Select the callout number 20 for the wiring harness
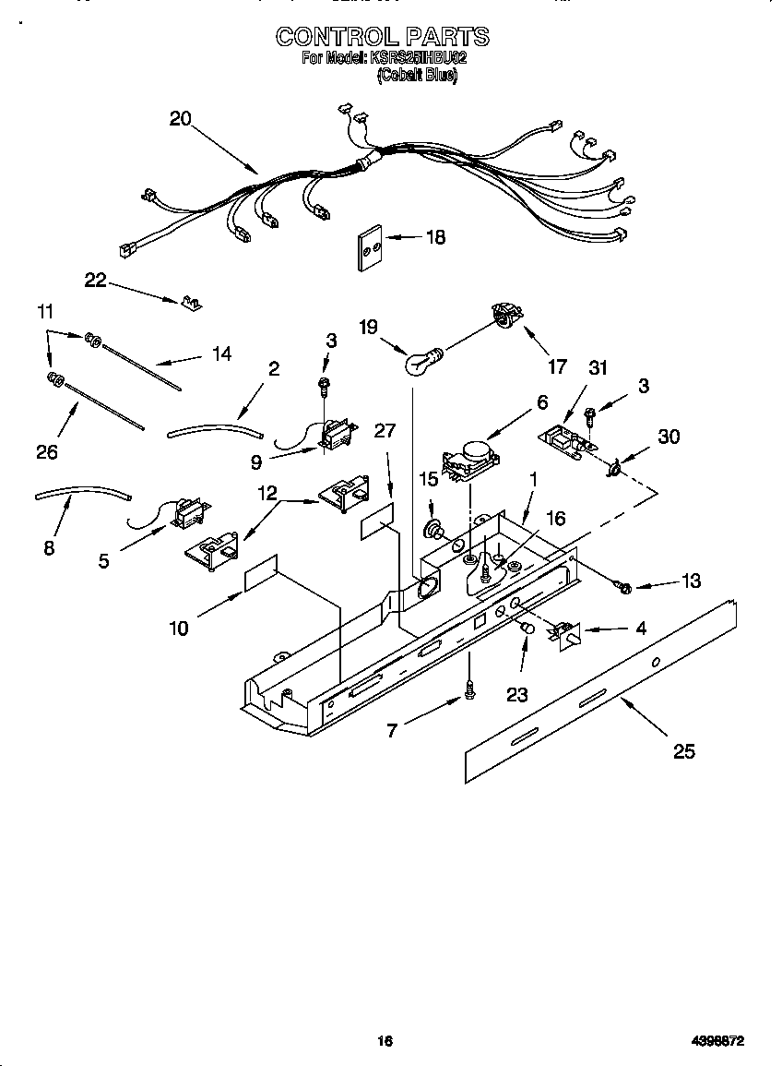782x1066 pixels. coord(180,118)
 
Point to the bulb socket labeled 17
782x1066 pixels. coord(504,315)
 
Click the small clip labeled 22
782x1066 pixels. coord(192,301)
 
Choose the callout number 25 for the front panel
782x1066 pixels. coord(683,750)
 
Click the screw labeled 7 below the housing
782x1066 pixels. coord(470,687)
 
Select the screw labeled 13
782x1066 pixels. coord(621,586)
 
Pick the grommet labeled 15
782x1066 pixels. coord(432,530)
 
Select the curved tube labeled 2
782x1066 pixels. coord(215,427)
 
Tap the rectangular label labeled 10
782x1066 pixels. coord(261,572)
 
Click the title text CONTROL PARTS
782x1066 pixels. coord(383,37)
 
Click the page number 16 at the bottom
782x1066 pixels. coord(385,1040)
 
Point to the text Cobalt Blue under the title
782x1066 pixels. coord(417,78)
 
